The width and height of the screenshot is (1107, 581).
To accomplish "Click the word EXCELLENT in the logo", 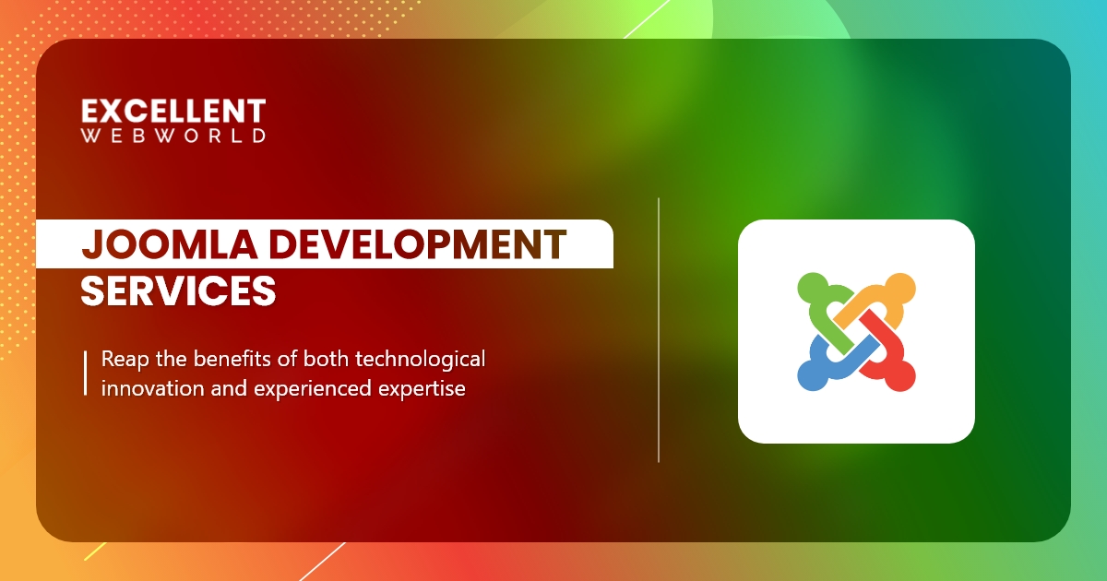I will pos(173,112).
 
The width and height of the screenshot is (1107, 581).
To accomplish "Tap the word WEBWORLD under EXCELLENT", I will pos(173,136).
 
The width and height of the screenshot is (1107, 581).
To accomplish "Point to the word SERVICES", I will pos(178,290).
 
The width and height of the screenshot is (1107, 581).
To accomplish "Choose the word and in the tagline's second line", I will pos(221,388).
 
